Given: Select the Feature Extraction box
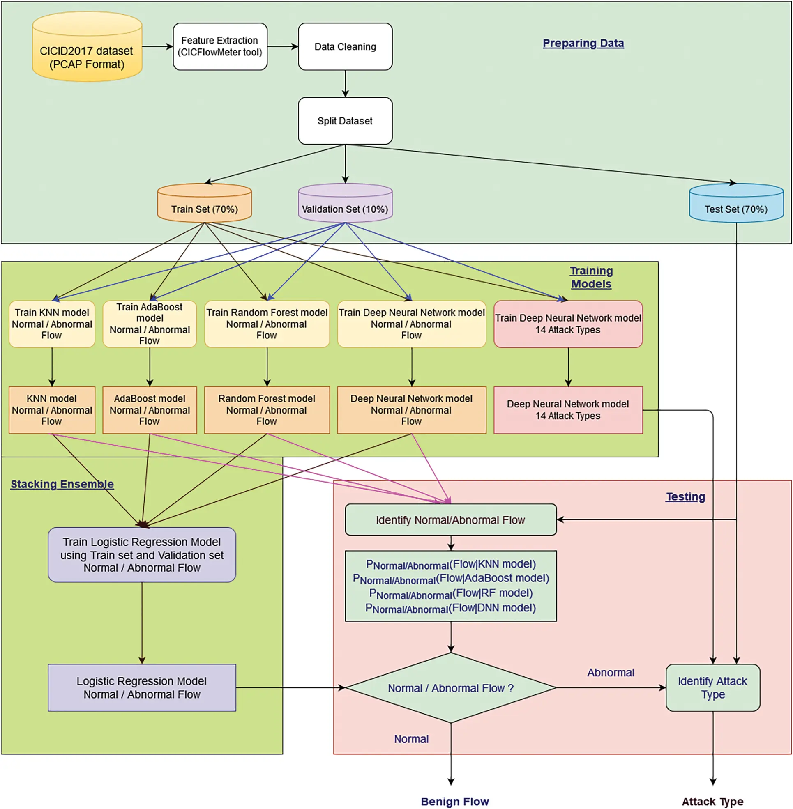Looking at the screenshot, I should tap(220, 46).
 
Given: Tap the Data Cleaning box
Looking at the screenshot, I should tap(345, 46).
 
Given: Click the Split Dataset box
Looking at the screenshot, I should tap(345, 121).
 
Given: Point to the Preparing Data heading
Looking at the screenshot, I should tap(583, 43).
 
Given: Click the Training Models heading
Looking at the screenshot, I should tap(591, 277).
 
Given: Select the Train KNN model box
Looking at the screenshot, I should tap(52, 324).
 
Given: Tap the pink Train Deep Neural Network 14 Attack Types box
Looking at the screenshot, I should tap(568, 324).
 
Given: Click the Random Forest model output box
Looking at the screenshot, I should tap(267, 410).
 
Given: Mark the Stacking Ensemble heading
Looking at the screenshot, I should tap(62, 484).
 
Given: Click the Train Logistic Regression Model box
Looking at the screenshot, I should tap(142, 555).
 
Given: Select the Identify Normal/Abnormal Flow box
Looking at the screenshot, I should tap(450, 519).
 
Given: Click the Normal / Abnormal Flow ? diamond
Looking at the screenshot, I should tap(450, 688).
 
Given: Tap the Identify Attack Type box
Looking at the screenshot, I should tap(712, 687).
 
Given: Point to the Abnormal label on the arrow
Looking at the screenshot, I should tap(611, 672).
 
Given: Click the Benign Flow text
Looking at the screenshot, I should tap(454, 801).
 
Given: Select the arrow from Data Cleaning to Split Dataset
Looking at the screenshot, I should tap(345, 84).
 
